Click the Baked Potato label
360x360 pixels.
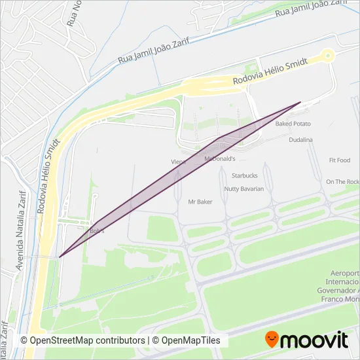[x=293, y=124]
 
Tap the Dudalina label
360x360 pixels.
[x=300, y=140]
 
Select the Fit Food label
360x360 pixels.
[x=340, y=160]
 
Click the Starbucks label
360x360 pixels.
[x=245, y=175]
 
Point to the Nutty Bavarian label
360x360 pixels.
[x=243, y=189]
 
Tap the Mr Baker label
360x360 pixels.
[x=200, y=202]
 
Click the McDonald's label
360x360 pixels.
[x=220, y=159]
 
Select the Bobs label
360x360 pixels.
[x=96, y=231]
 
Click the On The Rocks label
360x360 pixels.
[x=342, y=182]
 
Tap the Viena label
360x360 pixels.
[x=179, y=161]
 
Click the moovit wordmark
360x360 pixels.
[x=315, y=340]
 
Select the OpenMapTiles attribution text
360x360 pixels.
[x=192, y=341]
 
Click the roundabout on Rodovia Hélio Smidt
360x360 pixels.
[x=329, y=55]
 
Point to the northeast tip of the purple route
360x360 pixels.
[x=300, y=102]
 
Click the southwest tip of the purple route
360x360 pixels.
[x=60, y=257]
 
